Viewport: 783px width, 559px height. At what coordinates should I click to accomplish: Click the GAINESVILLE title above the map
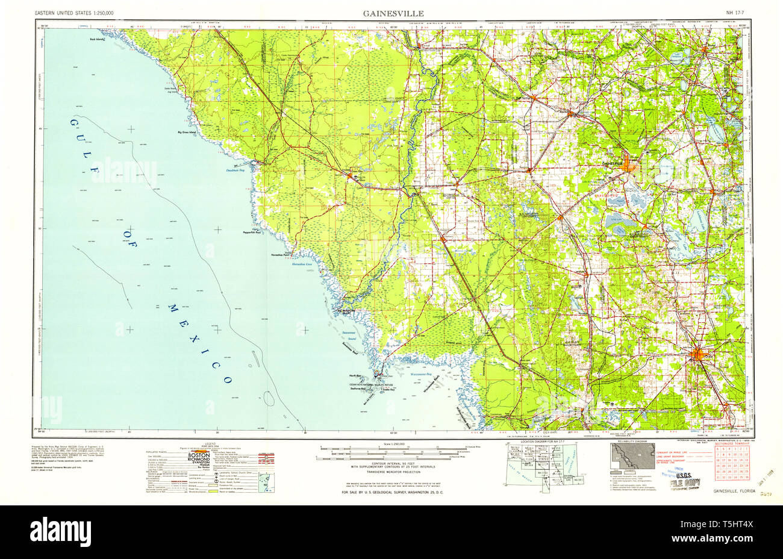[393, 13]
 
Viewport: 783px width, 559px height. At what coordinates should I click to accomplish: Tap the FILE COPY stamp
[682, 481]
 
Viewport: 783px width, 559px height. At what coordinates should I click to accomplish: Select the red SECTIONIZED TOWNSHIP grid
[730, 464]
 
